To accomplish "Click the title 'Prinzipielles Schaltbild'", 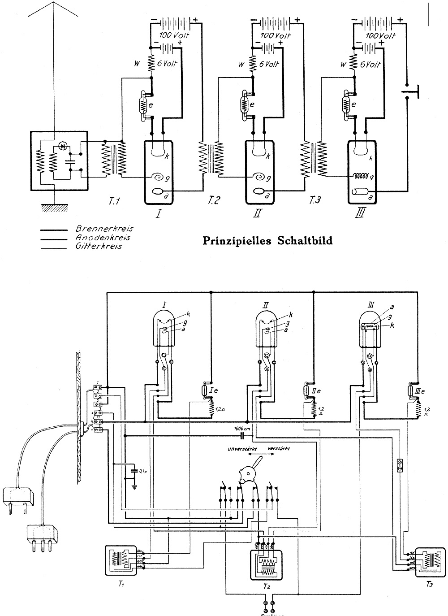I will point(268,241).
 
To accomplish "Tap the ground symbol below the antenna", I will point(53,208).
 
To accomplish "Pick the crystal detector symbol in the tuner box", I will point(63,147).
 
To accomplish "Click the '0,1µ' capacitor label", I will point(143,471).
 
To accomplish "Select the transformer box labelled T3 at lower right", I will point(429,562).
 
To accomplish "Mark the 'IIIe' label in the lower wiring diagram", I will point(418,391).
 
